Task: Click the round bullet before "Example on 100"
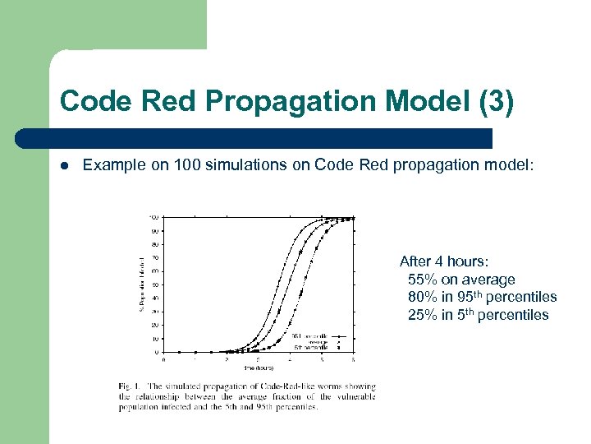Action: pyautogui.click(x=65, y=165)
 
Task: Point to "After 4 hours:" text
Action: pyautogui.click(x=444, y=261)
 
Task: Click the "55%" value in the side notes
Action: pyautogui.click(x=423, y=280)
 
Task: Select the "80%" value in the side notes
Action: pyautogui.click(x=423, y=298)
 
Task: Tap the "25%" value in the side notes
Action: pyautogui.click(x=423, y=316)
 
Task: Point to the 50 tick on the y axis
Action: pyautogui.click(x=155, y=284)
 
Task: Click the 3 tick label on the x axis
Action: pyautogui.click(x=258, y=360)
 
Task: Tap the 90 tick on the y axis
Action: pyautogui.click(x=155, y=230)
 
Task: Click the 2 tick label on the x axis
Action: pyautogui.click(x=226, y=360)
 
